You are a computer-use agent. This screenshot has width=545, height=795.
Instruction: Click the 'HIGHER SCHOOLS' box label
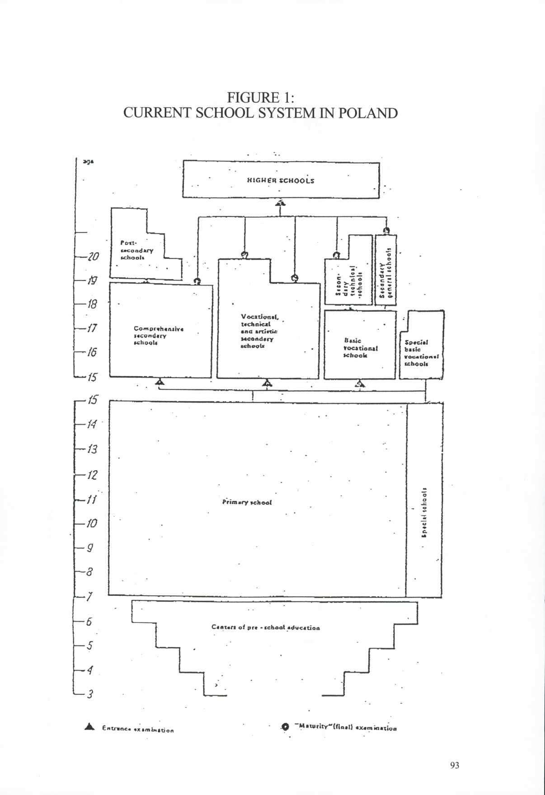click(280, 181)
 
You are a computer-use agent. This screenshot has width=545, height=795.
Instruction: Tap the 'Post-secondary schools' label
click(136, 250)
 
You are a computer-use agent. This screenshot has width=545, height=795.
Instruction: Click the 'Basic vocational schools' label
click(360, 348)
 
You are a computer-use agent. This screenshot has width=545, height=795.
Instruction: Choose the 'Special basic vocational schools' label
click(421, 353)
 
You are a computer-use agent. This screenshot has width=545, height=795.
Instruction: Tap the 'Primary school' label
click(247, 502)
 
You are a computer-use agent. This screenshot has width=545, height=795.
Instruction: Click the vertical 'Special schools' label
click(424, 512)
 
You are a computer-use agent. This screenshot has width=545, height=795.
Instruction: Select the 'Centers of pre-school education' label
click(265, 627)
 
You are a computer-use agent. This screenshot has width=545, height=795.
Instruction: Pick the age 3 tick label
click(90, 694)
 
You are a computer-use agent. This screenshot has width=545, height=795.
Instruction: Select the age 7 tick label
click(90, 597)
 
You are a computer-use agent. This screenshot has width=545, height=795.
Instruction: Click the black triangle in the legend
click(90, 727)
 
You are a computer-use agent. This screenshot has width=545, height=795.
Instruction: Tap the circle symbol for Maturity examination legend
click(285, 727)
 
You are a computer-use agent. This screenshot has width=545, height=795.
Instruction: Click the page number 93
click(455, 765)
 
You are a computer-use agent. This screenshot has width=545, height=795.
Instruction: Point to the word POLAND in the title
click(368, 112)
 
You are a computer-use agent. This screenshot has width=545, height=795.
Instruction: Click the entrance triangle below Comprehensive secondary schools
click(159, 383)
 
